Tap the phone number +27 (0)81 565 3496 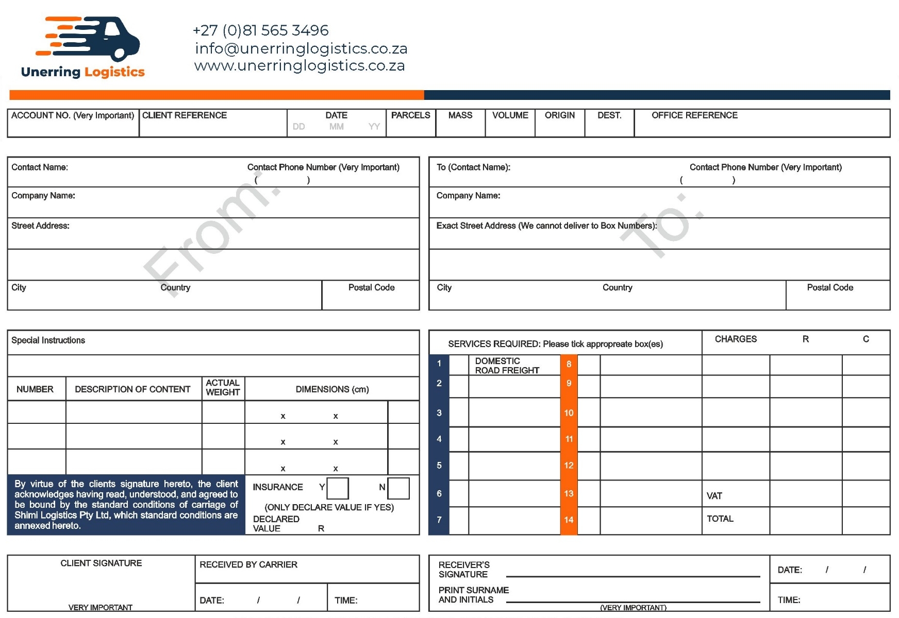coord(260,30)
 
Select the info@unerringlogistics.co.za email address coord(301,48)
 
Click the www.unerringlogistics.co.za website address coord(299,66)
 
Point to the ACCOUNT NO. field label coord(73,115)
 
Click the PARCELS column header coord(410,115)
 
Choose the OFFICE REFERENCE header coord(694,115)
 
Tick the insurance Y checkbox coord(338,488)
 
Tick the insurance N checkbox coord(398,488)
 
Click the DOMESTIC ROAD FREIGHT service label coord(507,366)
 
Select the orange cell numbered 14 coord(569,520)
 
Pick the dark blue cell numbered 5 coord(439,466)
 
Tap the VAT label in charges coord(714,496)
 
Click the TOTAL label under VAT coord(720,519)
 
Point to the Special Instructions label coord(48,340)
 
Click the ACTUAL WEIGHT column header coord(223,387)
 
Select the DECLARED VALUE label coord(276,524)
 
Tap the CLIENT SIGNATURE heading coord(101,563)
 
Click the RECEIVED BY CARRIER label coord(248,564)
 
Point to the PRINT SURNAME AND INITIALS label coord(473,595)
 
